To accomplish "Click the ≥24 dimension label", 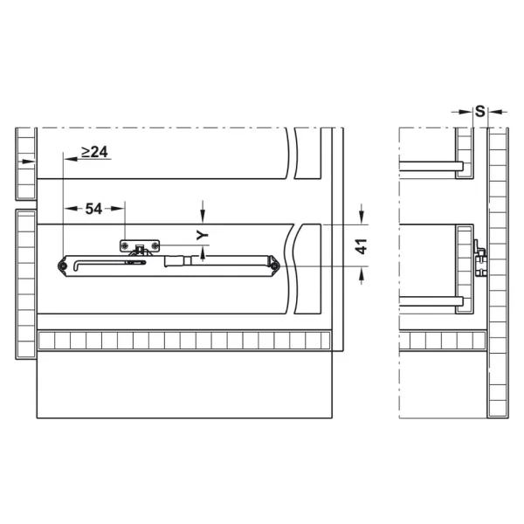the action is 94,152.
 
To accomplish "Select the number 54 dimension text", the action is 93,209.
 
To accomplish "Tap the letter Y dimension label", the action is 203,235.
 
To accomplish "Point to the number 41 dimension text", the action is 362,246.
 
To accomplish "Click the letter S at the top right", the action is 479,111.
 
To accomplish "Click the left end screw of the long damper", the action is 63,266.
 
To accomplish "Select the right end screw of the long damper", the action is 274,266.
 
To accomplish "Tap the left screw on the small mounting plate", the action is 125,246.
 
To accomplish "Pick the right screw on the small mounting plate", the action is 155,246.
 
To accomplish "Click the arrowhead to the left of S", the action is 466,112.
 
